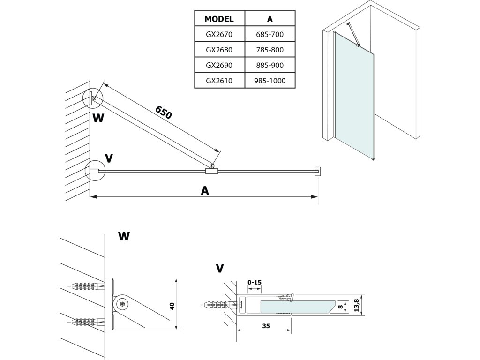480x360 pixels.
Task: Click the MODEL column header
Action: click(x=219, y=19)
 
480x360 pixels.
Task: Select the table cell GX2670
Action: click(x=219, y=34)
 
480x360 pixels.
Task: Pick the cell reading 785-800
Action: click(x=270, y=49)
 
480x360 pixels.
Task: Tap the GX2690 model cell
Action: click(x=219, y=65)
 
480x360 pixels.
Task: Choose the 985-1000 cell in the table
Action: click(x=270, y=80)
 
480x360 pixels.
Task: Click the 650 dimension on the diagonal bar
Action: click(x=164, y=112)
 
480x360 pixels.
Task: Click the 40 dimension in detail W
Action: click(x=172, y=306)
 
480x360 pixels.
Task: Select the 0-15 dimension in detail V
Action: click(x=255, y=282)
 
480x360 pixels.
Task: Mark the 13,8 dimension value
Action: click(x=357, y=306)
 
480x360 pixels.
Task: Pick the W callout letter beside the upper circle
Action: click(x=98, y=118)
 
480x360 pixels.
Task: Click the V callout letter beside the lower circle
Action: click(x=109, y=158)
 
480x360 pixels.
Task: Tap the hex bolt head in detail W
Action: click(x=123, y=304)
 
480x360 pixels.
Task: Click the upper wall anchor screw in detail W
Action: click(x=87, y=285)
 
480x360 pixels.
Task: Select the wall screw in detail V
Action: click(x=219, y=305)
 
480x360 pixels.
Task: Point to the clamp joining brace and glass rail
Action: click(x=212, y=171)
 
